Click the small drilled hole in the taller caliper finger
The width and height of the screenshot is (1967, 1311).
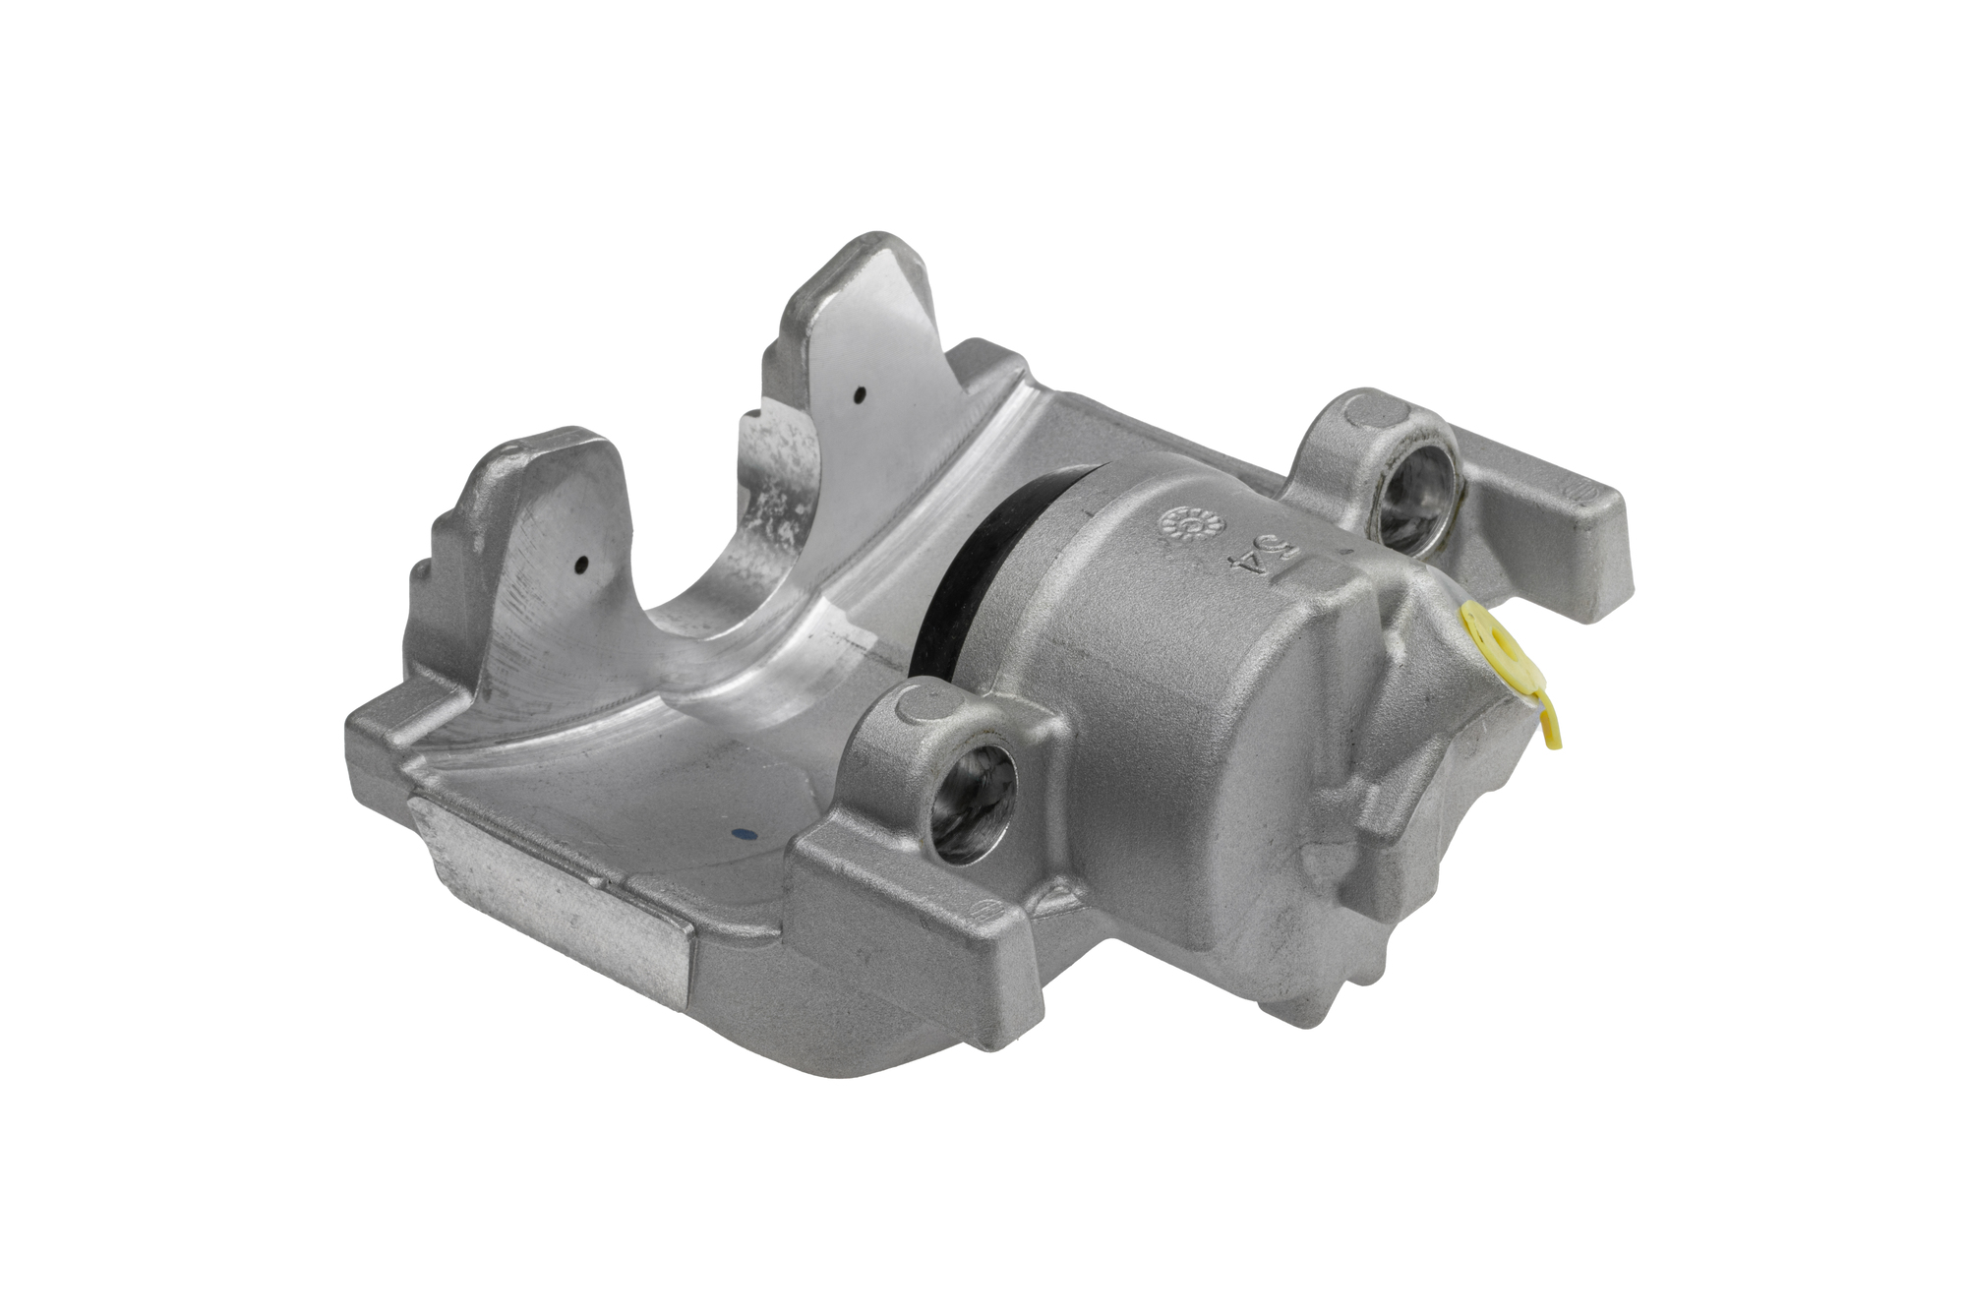860,395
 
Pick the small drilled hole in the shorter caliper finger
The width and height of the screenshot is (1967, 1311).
581,566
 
